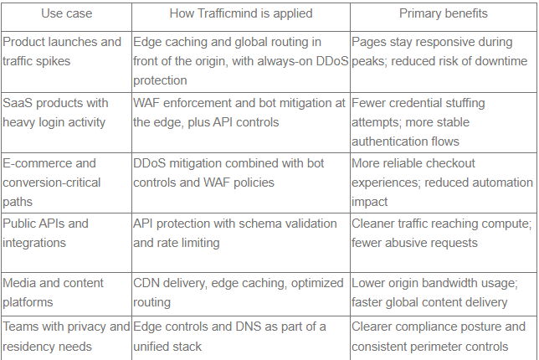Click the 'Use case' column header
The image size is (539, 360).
67,13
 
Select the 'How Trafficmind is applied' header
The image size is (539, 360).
241,13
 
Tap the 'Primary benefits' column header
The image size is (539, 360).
444,13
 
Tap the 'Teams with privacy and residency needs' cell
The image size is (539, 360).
66,337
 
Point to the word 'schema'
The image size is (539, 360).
259,224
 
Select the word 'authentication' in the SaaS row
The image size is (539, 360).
386,141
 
